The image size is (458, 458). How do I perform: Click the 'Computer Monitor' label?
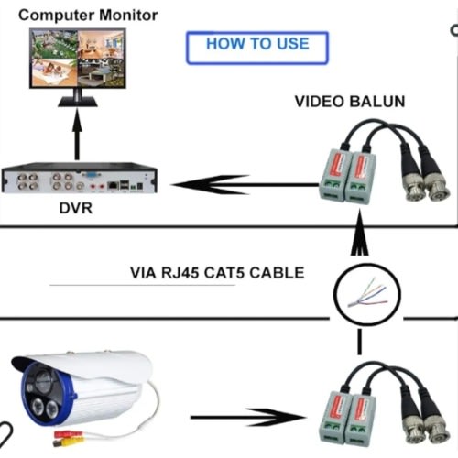tap(88, 16)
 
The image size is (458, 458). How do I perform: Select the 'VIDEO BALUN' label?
tap(350, 102)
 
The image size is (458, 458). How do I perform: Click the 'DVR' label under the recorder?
tap(76, 208)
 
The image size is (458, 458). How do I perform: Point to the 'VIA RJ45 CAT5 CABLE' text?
tap(217, 273)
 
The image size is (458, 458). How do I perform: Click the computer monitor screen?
tap(78, 59)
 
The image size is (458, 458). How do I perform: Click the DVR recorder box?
tap(80, 178)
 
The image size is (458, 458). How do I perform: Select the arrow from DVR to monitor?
tap(77, 135)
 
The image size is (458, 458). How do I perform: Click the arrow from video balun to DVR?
tap(245, 185)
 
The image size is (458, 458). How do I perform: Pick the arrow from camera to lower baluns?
tap(248, 417)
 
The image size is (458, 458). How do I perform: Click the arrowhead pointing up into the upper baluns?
tap(359, 233)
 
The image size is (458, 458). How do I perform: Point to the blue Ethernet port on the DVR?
tap(114, 185)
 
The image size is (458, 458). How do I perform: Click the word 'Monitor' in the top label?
tap(128, 16)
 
